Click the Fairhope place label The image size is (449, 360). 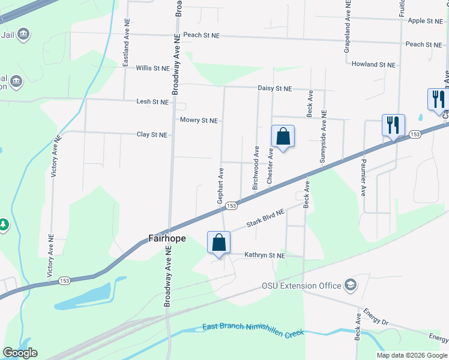point(167,238)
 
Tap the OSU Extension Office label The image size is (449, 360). point(301,286)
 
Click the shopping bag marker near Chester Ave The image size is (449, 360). point(283,137)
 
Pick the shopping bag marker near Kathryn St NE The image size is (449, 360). point(218,242)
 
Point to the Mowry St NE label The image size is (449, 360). point(199,120)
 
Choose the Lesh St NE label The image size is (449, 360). point(152,102)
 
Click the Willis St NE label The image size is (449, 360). point(152,68)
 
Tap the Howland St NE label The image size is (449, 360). point(374,64)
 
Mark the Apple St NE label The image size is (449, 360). point(425,21)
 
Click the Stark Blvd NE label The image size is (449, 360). point(265,220)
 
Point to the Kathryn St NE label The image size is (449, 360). point(265,255)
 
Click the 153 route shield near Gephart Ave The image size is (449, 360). point(231,206)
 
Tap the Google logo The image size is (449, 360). point(20,353)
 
